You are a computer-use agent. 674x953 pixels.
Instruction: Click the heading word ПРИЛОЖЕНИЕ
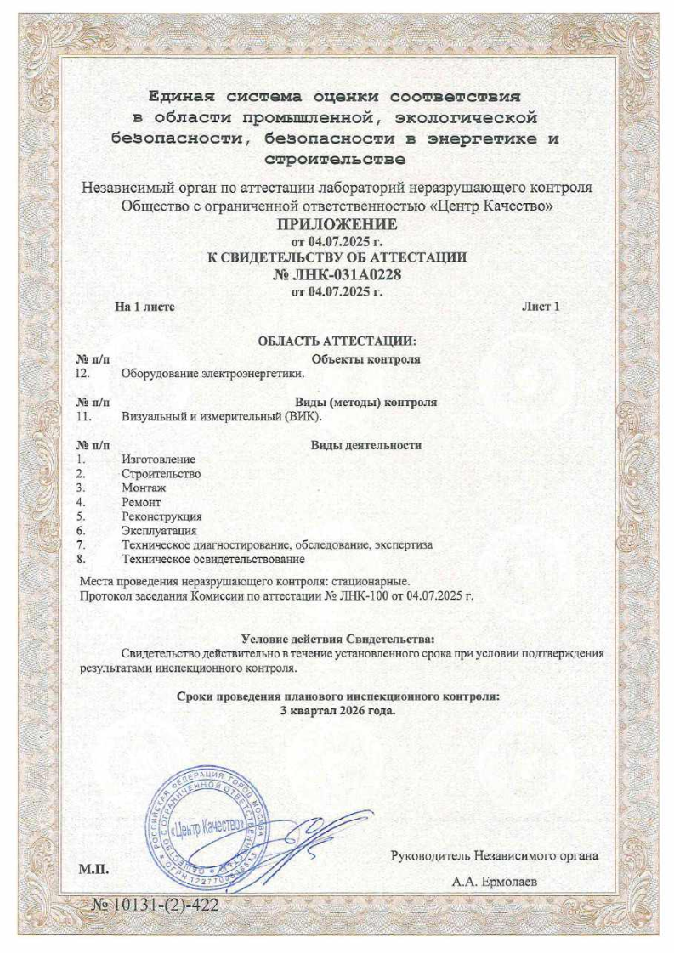tap(337, 225)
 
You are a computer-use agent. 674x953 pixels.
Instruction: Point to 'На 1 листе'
tap(145, 307)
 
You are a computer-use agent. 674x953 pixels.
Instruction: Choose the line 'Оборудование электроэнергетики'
tap(212, 374)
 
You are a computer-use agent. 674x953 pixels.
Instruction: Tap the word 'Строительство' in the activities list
tap(161, 473)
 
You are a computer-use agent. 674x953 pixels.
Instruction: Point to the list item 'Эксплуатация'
tap(159, 531)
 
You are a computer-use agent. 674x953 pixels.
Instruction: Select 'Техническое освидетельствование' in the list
tap(213, 560)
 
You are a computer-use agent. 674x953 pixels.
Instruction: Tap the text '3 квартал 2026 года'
tap(337, 710)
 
